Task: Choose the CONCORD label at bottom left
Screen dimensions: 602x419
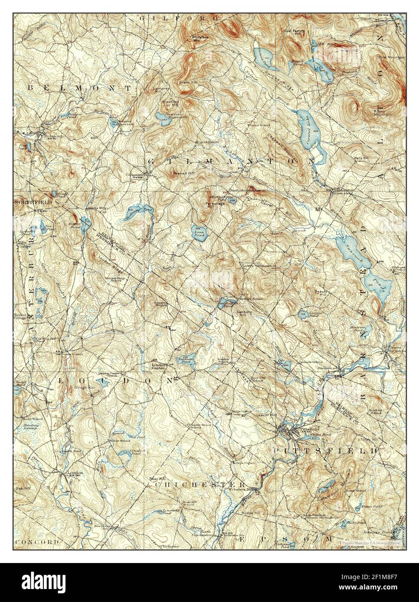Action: point(36,542)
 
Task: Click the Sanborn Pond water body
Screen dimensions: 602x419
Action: point(187,358)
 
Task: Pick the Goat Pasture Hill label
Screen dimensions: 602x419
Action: point(296,33)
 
